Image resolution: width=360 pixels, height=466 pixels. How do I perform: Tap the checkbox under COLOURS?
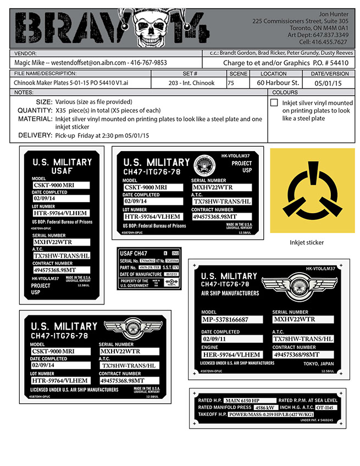point(274,103)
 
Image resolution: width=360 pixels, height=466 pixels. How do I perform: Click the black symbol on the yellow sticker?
point(308,193)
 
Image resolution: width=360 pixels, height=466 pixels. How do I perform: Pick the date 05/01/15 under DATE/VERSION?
point(328,83)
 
